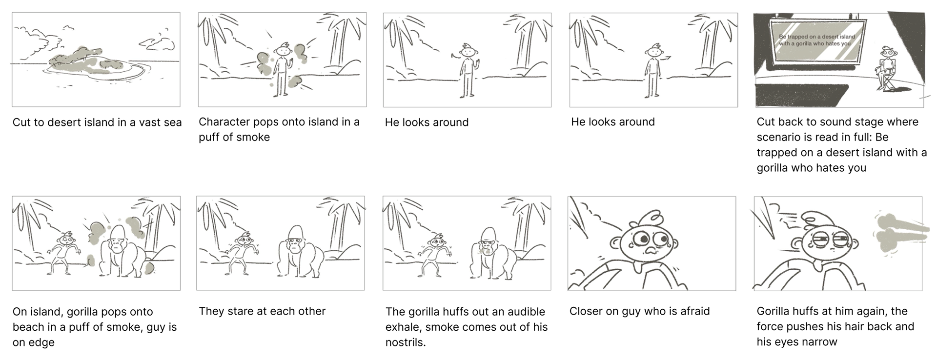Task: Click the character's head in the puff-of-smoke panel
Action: point(282,50)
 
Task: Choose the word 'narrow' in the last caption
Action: point(818,342)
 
